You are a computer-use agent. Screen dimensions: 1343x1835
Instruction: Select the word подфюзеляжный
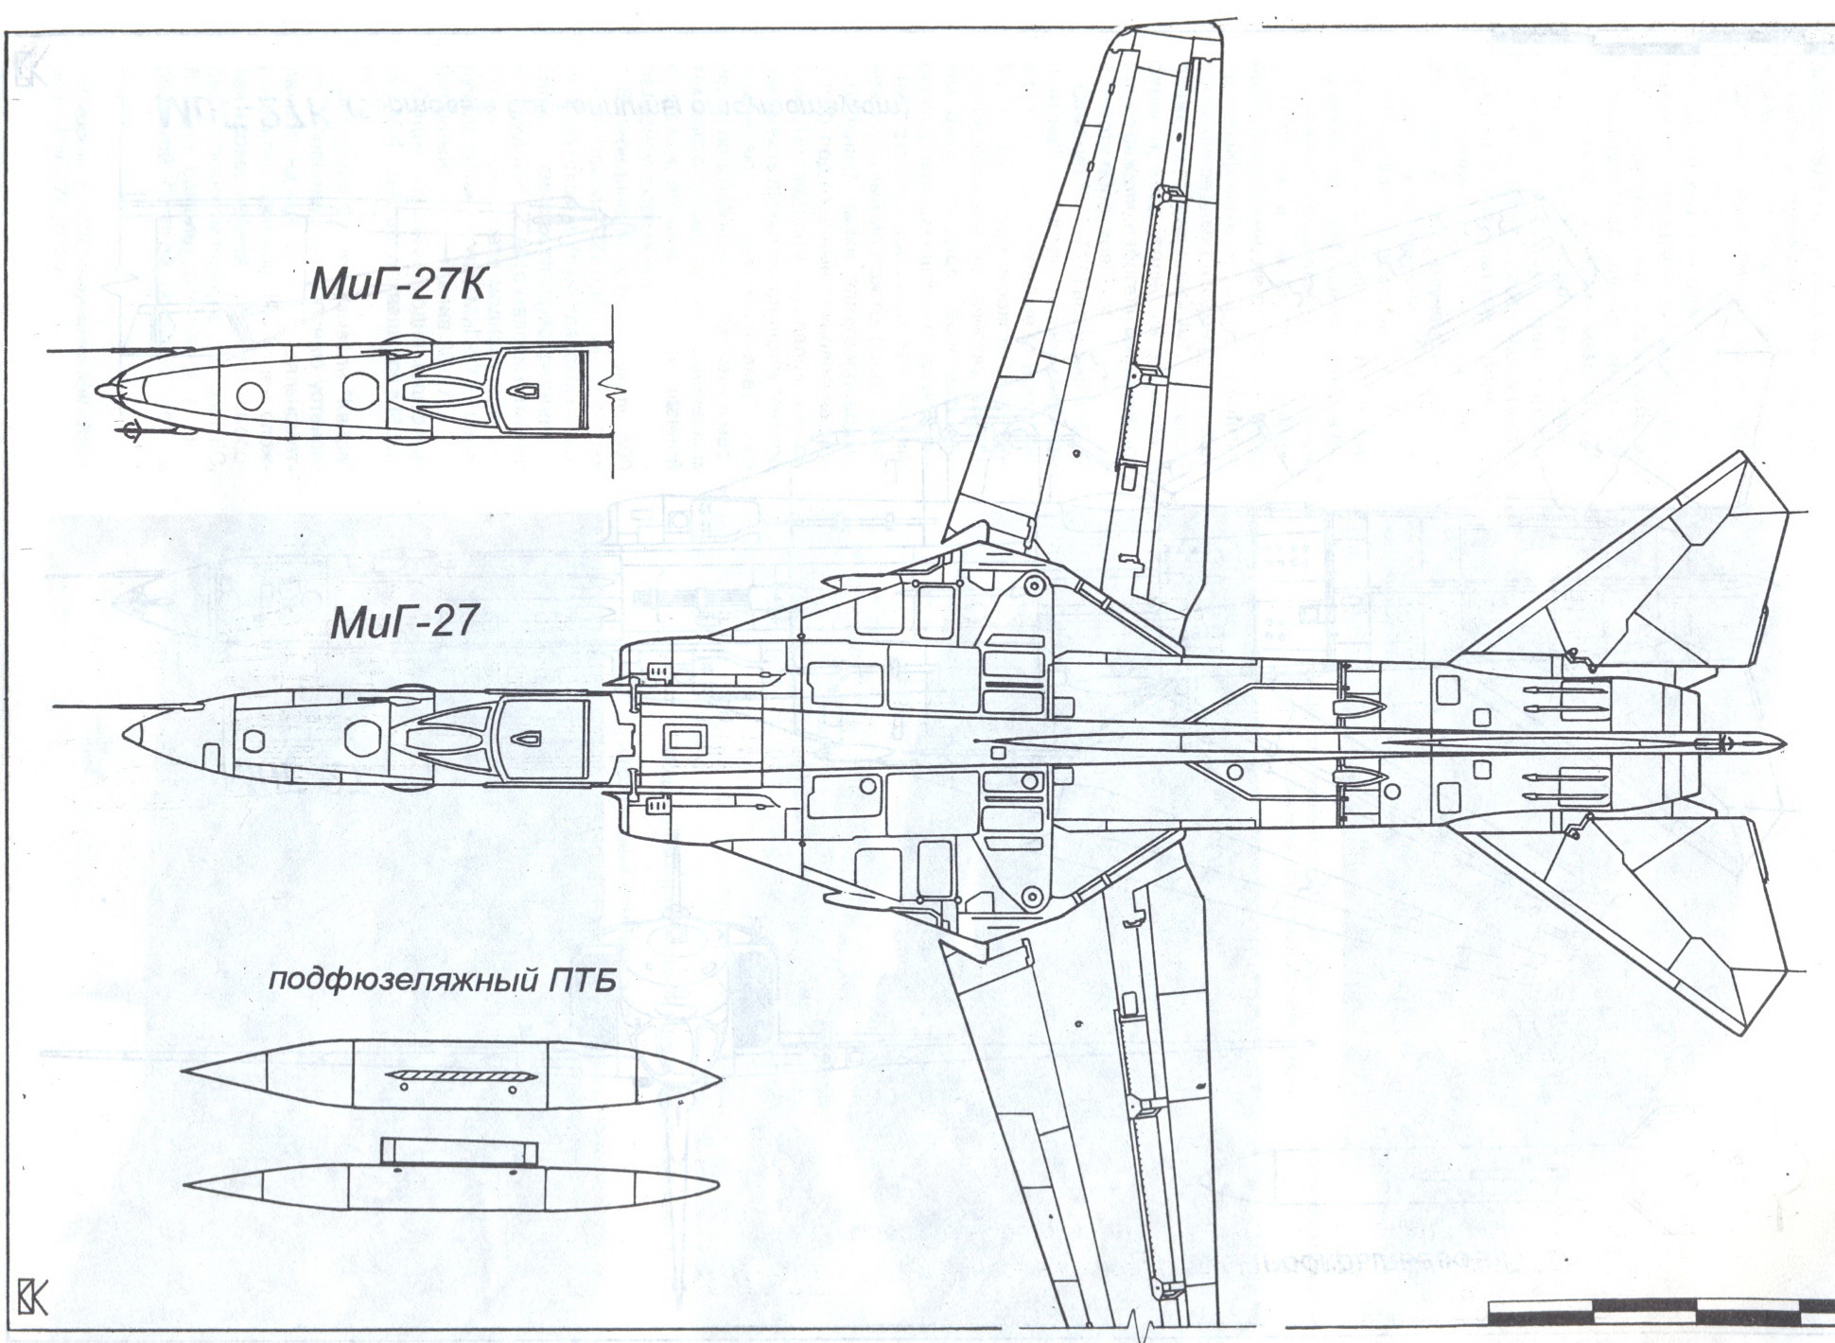(397, 980)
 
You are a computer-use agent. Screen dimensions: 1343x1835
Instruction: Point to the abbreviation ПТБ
(583, 979)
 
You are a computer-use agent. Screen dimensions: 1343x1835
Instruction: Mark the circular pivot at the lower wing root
(1032, 894)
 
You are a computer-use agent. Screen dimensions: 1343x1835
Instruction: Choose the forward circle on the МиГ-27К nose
(251, 394)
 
